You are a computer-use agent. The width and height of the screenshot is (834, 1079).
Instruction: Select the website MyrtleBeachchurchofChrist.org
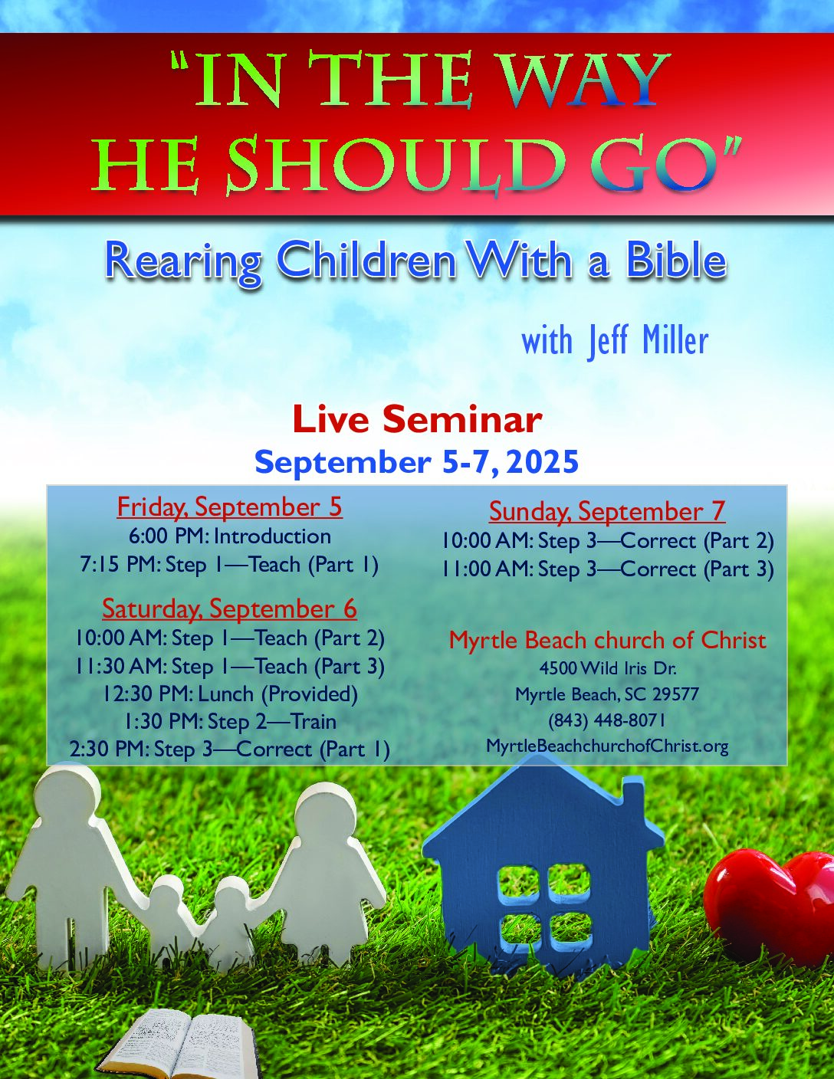pos(607,746)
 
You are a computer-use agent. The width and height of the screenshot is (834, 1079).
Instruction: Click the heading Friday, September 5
pos(229,507)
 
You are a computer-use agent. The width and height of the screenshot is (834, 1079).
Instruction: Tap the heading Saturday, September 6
pos(229,608)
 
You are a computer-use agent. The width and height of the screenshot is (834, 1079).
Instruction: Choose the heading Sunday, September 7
pos(607,511)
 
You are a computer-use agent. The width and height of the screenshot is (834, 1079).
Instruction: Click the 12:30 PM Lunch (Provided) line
pos(231,694)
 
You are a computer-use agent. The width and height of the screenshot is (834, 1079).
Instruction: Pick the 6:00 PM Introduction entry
pos(230,536)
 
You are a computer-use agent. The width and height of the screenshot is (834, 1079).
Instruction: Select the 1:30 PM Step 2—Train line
pos(231,721)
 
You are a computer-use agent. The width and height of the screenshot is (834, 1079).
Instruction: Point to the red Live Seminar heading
pos(417,420)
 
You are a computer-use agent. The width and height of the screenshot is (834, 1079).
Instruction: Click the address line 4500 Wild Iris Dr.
pos(607,669)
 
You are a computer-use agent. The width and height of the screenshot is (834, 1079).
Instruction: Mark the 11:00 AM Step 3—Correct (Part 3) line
pos(608,569)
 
